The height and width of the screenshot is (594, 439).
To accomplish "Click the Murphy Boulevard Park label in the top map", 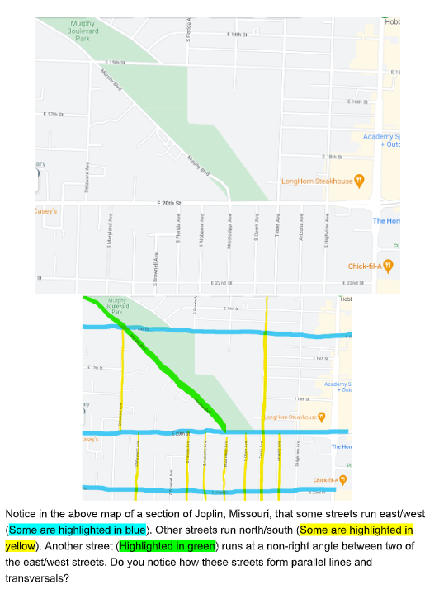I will (82, 31).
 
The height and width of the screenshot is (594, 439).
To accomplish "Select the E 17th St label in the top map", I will (53, 114).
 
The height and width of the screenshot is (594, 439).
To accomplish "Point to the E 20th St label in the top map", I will (168, 202).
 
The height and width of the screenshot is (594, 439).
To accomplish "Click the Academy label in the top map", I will (381, 137).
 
